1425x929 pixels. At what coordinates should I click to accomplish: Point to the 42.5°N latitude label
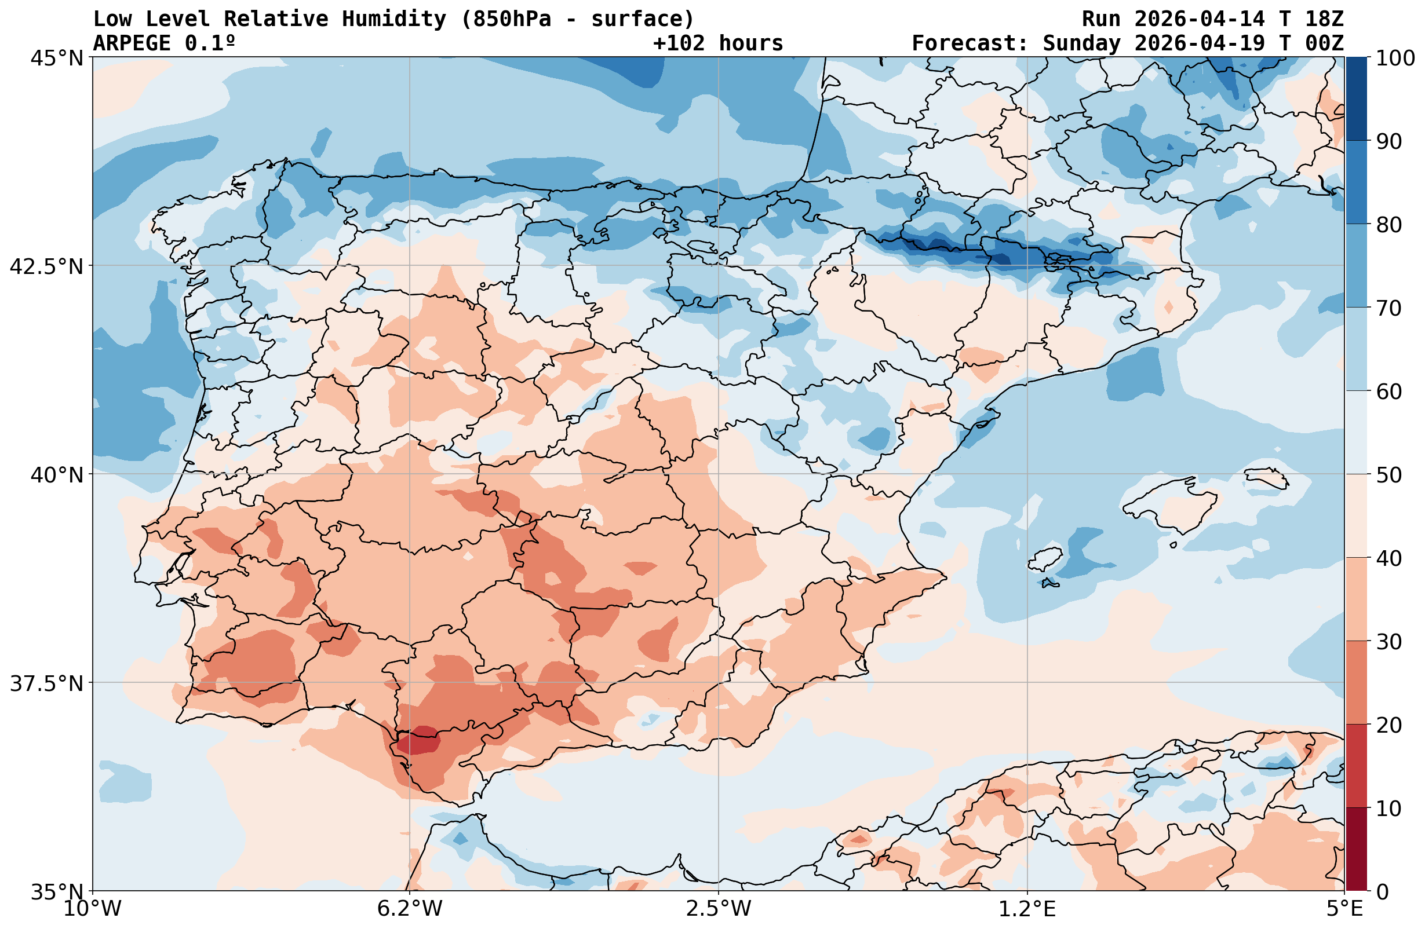[46, 266]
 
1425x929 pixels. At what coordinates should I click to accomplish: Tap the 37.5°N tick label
[46, 683]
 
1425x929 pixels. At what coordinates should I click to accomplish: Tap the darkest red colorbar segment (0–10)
[1357, 850]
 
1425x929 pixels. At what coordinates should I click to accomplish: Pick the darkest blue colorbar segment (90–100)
[1357, 99]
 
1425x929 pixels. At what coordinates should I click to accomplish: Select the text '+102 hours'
[718, 43]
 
